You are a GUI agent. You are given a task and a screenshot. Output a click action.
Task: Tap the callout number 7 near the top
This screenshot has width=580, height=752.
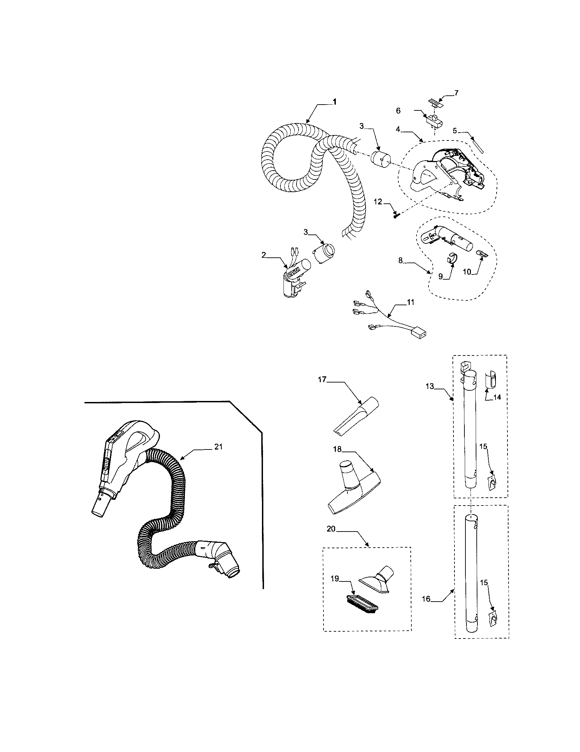[456, 93]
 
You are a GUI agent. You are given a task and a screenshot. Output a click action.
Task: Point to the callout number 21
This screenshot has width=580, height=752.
[219, 447]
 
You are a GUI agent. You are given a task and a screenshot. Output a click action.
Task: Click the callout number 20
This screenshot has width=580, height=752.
[331, 529]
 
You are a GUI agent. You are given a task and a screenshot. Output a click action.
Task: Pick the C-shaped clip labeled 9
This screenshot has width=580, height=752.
[449, 257]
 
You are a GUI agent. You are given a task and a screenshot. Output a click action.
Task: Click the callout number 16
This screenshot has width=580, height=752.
[426, 599]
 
